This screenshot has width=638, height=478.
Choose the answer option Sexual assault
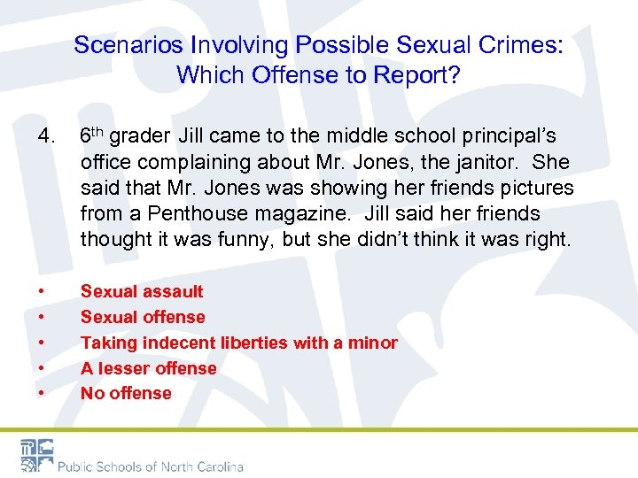coord(142,291)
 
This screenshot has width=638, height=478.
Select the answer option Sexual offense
coord(143,317)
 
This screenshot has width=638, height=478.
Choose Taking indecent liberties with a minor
coord(239,343)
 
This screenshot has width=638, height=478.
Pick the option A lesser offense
coord(149,368)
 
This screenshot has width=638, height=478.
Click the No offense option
coord(126,393)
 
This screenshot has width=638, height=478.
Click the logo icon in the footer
coord(36,455)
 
